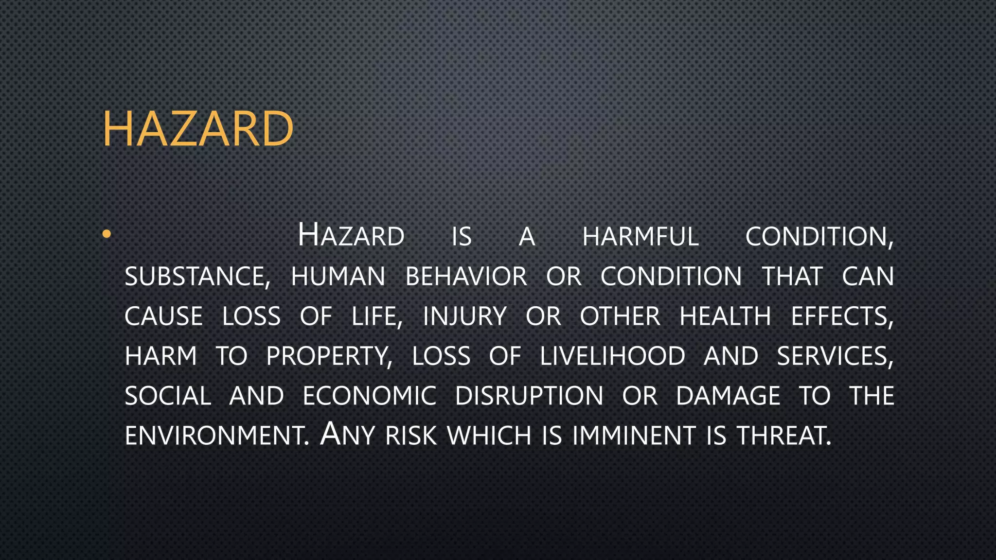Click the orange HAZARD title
pos(198,128)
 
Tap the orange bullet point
pos(107,234)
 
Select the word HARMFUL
pos(640,237)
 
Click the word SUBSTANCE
pos(197,277)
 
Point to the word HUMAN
pos(338,277)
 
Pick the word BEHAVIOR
pos(466,277)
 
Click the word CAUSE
pos(163,316)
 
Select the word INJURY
pos(465,316)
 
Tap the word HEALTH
pos(725,316)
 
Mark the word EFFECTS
pos(842,316)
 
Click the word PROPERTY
pos(329,356)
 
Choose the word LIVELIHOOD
pos(612,356)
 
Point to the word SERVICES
pos(835,356)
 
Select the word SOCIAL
pos(168,396)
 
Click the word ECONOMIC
pos(370,396)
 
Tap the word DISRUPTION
pos(529,396)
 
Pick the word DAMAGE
pos(728,396)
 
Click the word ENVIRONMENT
pos(217,436)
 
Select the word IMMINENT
pos(634,436)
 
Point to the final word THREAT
pos(783,436)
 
